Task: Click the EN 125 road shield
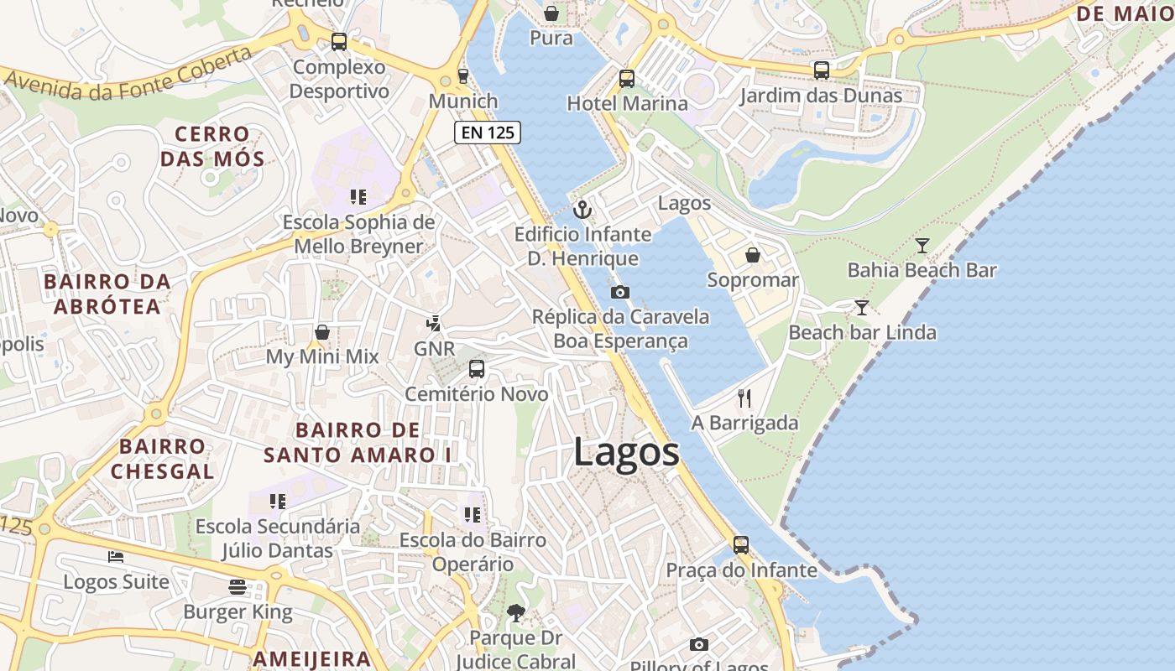(488, 132)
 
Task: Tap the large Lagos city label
(627, 452)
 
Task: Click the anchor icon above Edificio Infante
(582, 210)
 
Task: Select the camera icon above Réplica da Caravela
(620, 292)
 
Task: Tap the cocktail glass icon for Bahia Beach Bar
(922, 246)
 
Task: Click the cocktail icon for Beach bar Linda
(862, 308)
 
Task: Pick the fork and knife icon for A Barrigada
(744, 398)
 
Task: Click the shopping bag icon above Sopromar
(753, 255)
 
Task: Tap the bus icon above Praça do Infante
(741, 545)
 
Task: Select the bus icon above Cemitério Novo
(476, 369)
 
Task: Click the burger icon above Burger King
(238, 587)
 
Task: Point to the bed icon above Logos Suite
(116, 557)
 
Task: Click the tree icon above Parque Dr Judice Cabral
(515, 614)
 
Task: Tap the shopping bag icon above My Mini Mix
(321, 332)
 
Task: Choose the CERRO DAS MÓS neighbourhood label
(212, 146)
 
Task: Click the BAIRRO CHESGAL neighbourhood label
(162, 459)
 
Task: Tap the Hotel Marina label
(627, 103)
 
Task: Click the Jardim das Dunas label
(821, 96)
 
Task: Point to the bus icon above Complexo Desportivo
(339, 42)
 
